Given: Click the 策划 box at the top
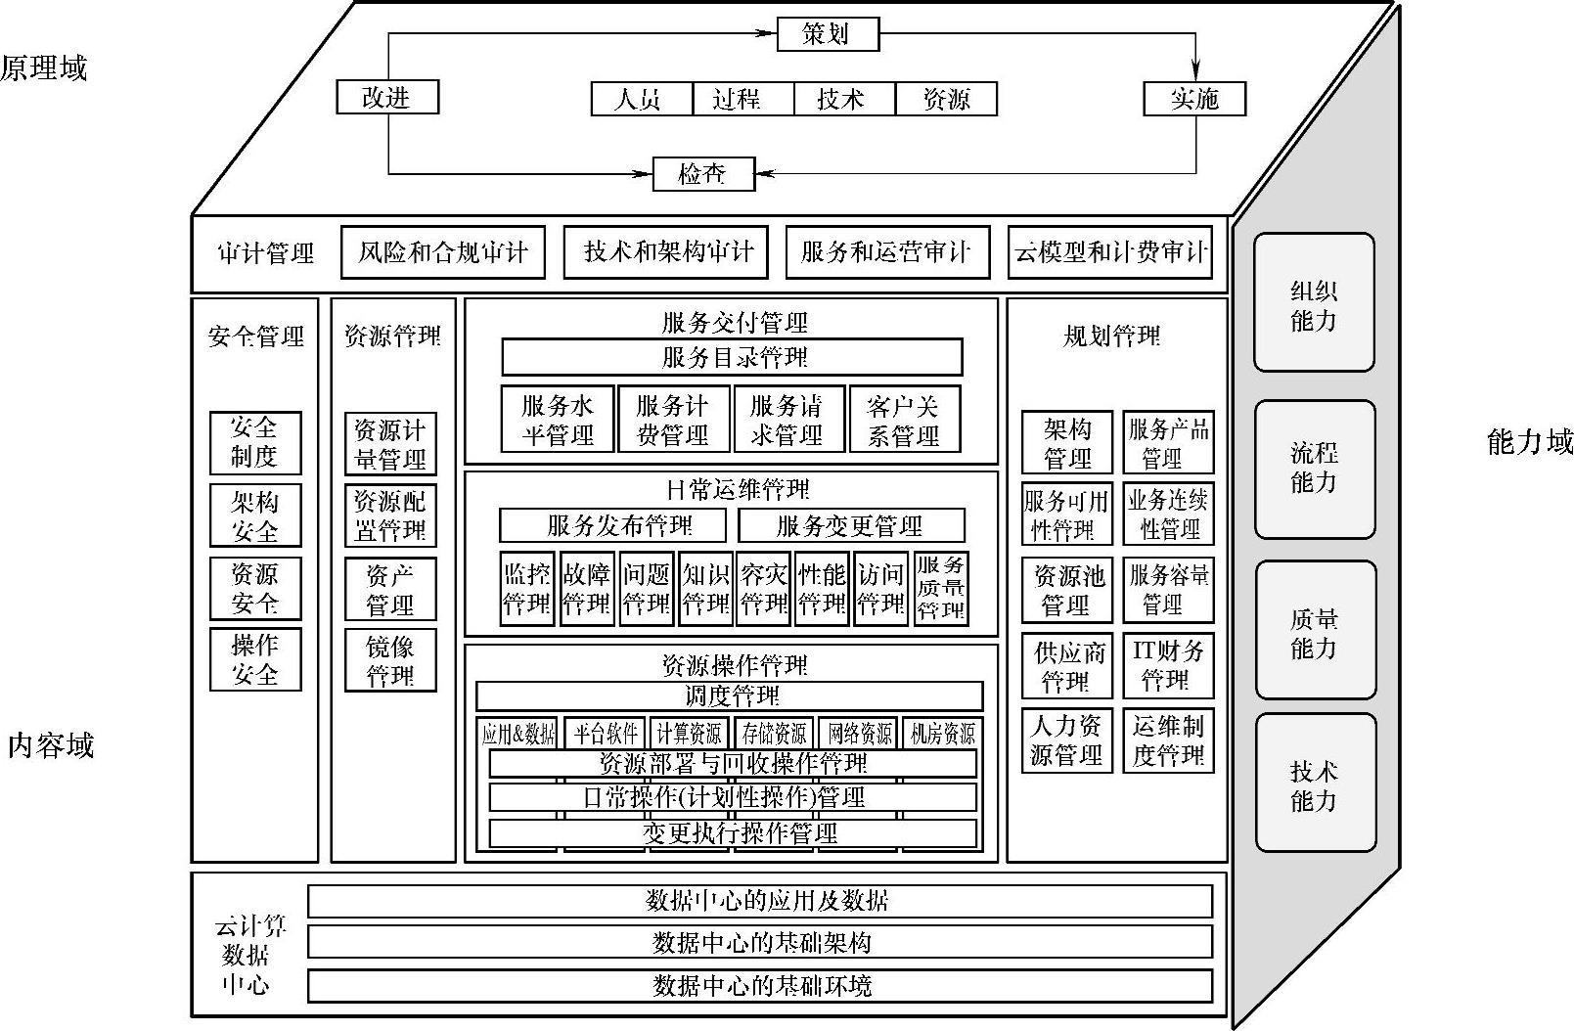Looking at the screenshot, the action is pyautogui.click(x=828, y=34).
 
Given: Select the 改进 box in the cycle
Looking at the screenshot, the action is pyautogui.click(x=386, y=97).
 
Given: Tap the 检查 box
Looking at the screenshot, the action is pyautogui.click(x=703, y=174).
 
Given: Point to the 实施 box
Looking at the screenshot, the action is pyautogui.click(x=1194, y=98).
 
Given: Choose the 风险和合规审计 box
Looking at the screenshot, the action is pyautogui.click(x=442, y=252).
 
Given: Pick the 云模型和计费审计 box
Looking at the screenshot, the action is pyautogui.click(x=1110, y=252).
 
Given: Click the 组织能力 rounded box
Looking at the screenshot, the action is pyautogui.click(x=1314, y=303).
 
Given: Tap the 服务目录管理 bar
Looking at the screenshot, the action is pyautogui.click(x=732, y=357).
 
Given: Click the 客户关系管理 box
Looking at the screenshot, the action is pyautogui.click(x=904, y=421).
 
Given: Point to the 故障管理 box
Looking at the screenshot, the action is pyautogui.click(x=586, y=589).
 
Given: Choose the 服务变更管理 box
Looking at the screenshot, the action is pyautogui.click(x=850, y=526).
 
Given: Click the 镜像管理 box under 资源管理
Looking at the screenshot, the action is pyautogui.click(x=389, y=661).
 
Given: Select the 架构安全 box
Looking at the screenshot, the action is pyautogui.click(x=255, y=515).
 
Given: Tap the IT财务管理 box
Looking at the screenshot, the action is pyautogui.click(x=1168, y=665).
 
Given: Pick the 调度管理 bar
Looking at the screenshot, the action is pyautogui.click(x=730, y=696).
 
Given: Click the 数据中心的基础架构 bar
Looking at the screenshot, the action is pyautogui.click(x=760, y=942).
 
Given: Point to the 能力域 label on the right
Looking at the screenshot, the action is pyautogui.click(x=1529, y=442).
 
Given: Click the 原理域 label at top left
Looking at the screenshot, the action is pyautogui.click(x=44, y=67).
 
